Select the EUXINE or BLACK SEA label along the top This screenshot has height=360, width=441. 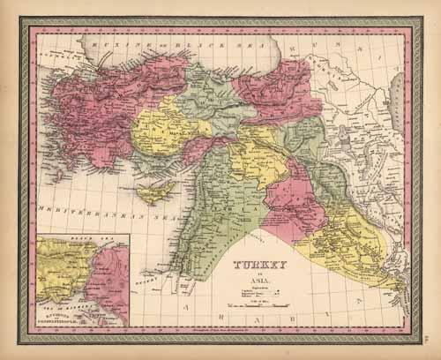(132, 43)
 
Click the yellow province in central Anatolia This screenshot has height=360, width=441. (159, 132)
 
